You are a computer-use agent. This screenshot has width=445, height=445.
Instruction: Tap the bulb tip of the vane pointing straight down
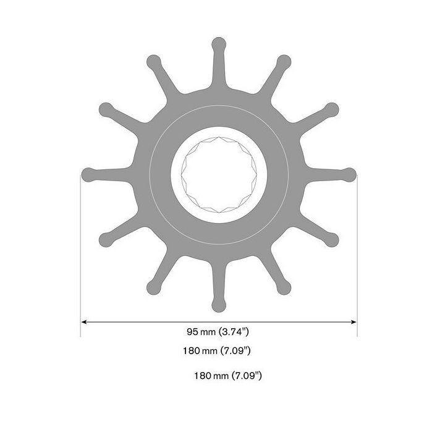(x=219, y=305)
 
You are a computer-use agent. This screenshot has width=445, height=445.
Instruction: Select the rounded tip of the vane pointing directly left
(x=88, y=174)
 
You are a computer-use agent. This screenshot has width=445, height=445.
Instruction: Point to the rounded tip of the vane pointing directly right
(x=350, y=174)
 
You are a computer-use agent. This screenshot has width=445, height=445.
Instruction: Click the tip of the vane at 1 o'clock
(x=284, y=61)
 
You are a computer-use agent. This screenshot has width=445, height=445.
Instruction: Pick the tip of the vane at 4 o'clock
(x=332, y=240)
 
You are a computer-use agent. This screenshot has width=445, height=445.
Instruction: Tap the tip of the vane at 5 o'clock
(x=284, y=287)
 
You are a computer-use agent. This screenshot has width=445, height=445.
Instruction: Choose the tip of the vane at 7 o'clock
(x=153, y=287)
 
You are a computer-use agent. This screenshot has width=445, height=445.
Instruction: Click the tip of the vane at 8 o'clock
(x=106, y=240)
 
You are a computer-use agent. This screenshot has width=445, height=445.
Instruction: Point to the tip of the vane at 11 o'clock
(x=153, y=61)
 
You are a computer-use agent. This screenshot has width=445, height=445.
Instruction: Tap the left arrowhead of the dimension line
(x=85, y=321)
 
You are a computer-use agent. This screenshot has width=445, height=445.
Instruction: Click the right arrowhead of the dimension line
(x=354, y=321)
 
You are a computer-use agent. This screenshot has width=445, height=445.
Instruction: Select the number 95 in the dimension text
(x=193, y=332)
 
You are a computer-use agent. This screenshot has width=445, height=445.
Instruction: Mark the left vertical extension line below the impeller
(x=81, y=260)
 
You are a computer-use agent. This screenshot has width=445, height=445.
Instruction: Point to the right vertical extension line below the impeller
(x=357, y=260)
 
